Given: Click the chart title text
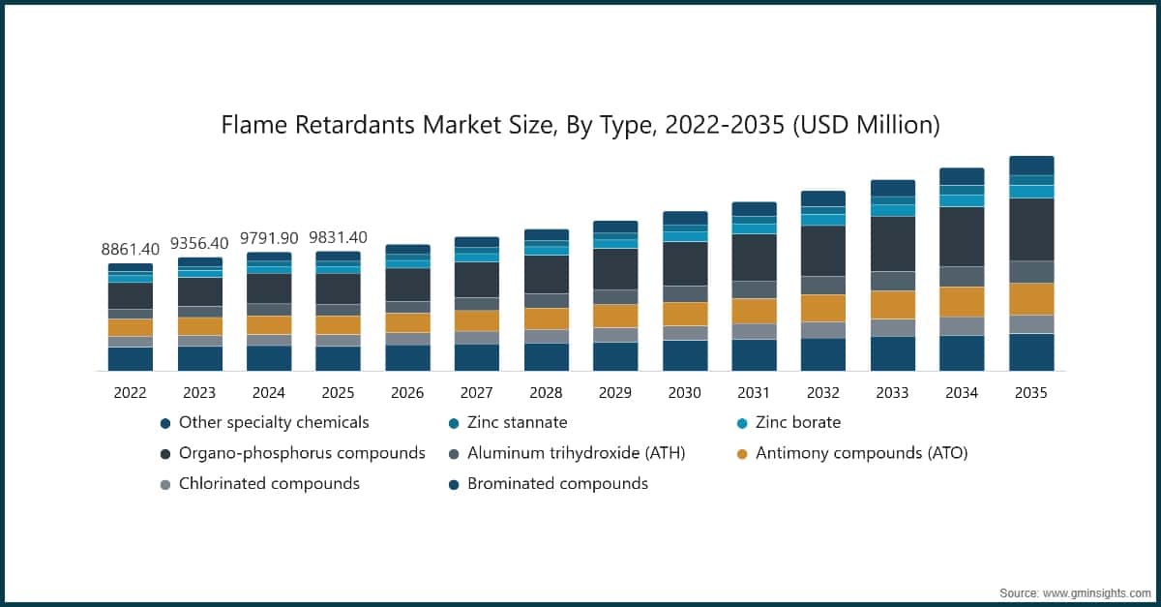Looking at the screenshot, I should tap(580, 125).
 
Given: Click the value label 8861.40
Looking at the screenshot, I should tap(131, 250).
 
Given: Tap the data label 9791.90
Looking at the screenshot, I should tap(269, 238).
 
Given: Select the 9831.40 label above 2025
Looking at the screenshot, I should tap(338, 238).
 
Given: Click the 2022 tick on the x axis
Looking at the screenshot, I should tap(131, 393).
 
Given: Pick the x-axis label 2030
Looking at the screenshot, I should tap(684, 393).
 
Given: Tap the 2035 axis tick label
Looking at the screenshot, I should tap(1031, 393).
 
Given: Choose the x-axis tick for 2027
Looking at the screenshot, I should tap(477, 393).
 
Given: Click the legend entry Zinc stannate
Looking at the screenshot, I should tap(517, 423).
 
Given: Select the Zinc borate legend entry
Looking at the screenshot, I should tap(798, 423).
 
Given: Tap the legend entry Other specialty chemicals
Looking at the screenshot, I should tap(274, 423).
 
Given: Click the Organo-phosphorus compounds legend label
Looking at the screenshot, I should tap(302, 453).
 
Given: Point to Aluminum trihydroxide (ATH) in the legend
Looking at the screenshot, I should tap(576, 453).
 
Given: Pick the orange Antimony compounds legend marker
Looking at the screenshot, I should tap(742, 454).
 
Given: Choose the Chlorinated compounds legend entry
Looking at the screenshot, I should tap(269, 483).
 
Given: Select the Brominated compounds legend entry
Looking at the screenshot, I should tap(557, 483).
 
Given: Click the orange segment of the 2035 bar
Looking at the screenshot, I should tap(1031, 298).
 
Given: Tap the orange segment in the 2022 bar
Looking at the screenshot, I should tap(131, 327).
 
